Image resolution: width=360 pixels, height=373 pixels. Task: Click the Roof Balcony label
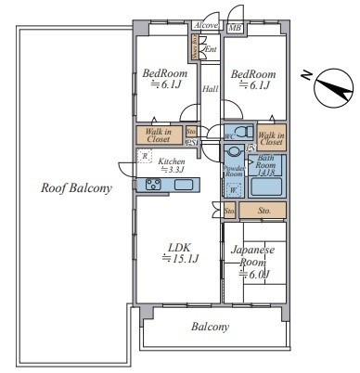click(76, 187)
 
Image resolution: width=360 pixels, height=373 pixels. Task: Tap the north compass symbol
click(328, 89)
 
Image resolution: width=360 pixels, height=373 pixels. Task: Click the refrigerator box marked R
click(145, 156)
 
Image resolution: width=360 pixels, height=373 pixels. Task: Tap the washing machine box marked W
click(234, 189)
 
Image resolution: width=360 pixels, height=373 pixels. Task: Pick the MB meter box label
click(235, 29)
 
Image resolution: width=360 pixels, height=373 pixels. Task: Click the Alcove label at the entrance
click(206, 28)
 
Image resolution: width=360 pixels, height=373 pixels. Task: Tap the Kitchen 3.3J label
click(173, 165)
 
